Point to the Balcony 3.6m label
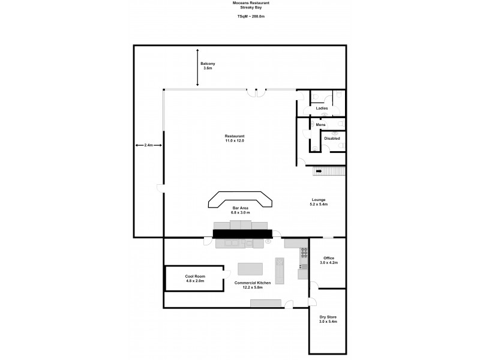208,66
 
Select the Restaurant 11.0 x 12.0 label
235,138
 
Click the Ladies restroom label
322,108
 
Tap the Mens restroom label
321,124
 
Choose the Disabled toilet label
332,139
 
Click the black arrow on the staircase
319,172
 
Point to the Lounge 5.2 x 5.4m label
319,202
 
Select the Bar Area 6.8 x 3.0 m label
240,210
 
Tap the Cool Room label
195,279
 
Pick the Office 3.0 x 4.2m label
328,260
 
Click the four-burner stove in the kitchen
304,253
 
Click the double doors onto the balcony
257,92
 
